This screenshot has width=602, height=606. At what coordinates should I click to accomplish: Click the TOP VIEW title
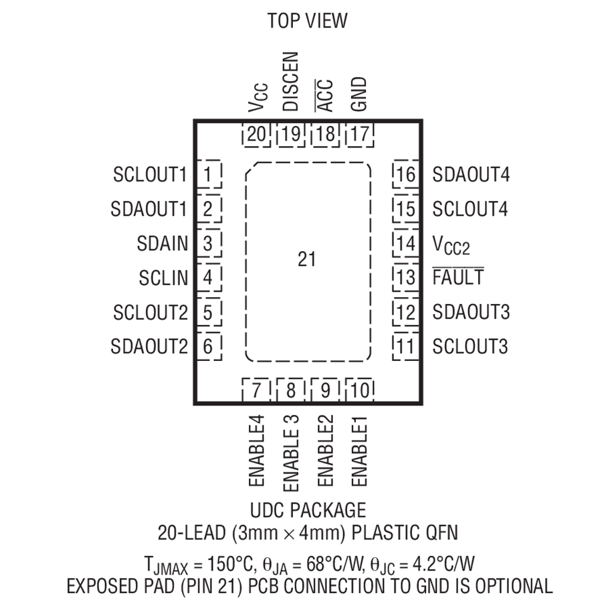tap(308, 21)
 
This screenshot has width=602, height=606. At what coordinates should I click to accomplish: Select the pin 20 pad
tap(256, 135)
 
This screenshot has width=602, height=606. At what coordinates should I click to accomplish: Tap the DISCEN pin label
tap(291, 82)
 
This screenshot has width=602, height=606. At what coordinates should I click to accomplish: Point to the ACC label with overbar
tap(324, 96)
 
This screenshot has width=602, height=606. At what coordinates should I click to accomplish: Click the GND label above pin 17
tap(359, 94)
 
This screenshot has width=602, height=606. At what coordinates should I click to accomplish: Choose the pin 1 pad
tap(209, 174)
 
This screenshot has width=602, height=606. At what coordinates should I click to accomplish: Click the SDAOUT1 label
tap(148, 209)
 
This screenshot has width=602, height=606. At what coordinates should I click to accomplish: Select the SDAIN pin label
tap(162, 243)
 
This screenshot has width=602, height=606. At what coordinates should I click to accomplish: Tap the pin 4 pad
tap(209, 277)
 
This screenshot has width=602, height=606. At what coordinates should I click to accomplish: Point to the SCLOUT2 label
tap(150, 312)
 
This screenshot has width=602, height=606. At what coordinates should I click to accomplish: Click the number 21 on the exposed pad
tap(307, 259)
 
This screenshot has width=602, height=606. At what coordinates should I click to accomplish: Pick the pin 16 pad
tap(406, 174)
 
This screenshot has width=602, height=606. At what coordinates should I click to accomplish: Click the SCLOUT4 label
tap(470, 209)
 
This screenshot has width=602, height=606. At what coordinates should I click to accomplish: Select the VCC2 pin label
tap(451, 244)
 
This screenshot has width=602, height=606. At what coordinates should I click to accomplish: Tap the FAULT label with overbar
tap(458, 277)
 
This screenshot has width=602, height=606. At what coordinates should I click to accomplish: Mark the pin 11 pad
tap(406, 346)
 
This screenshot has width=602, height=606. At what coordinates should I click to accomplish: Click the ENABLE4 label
tap(256, 451)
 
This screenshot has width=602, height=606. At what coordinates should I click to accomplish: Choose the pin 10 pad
tap(360, 390)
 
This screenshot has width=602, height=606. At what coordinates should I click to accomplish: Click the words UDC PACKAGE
tap(308, 510)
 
